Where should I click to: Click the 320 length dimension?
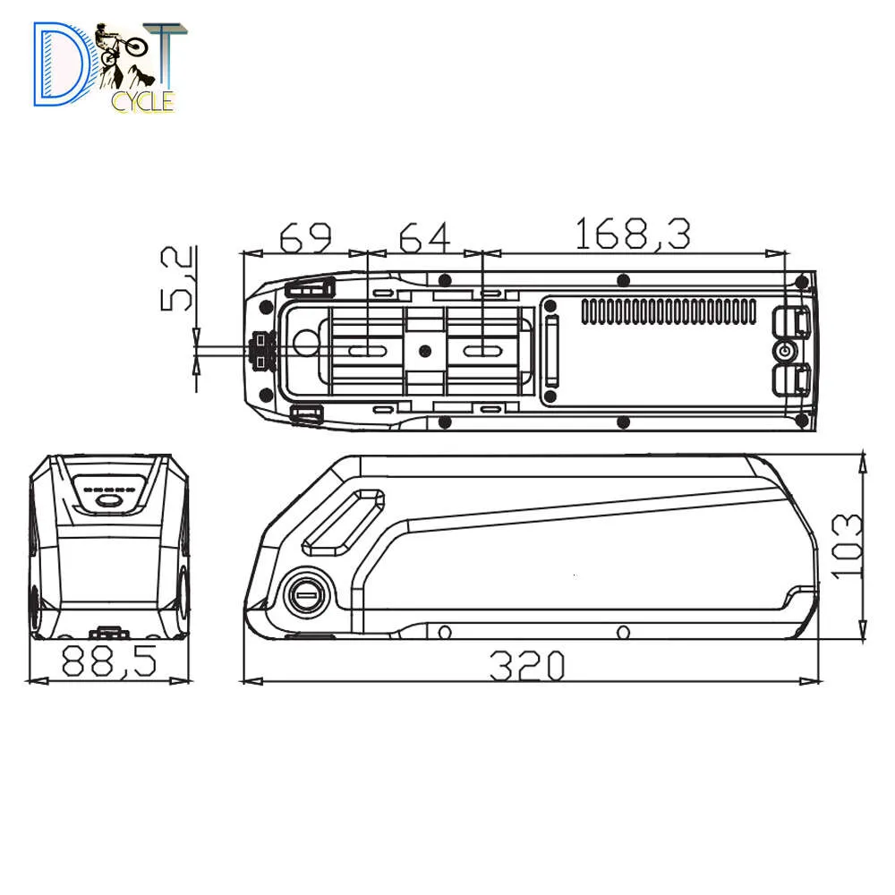527,666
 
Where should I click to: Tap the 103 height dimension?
846,546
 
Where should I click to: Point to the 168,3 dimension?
633,234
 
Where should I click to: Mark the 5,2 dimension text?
177,279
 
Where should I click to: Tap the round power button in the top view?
785,350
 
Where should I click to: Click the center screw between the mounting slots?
425,350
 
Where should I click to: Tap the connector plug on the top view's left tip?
261,350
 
